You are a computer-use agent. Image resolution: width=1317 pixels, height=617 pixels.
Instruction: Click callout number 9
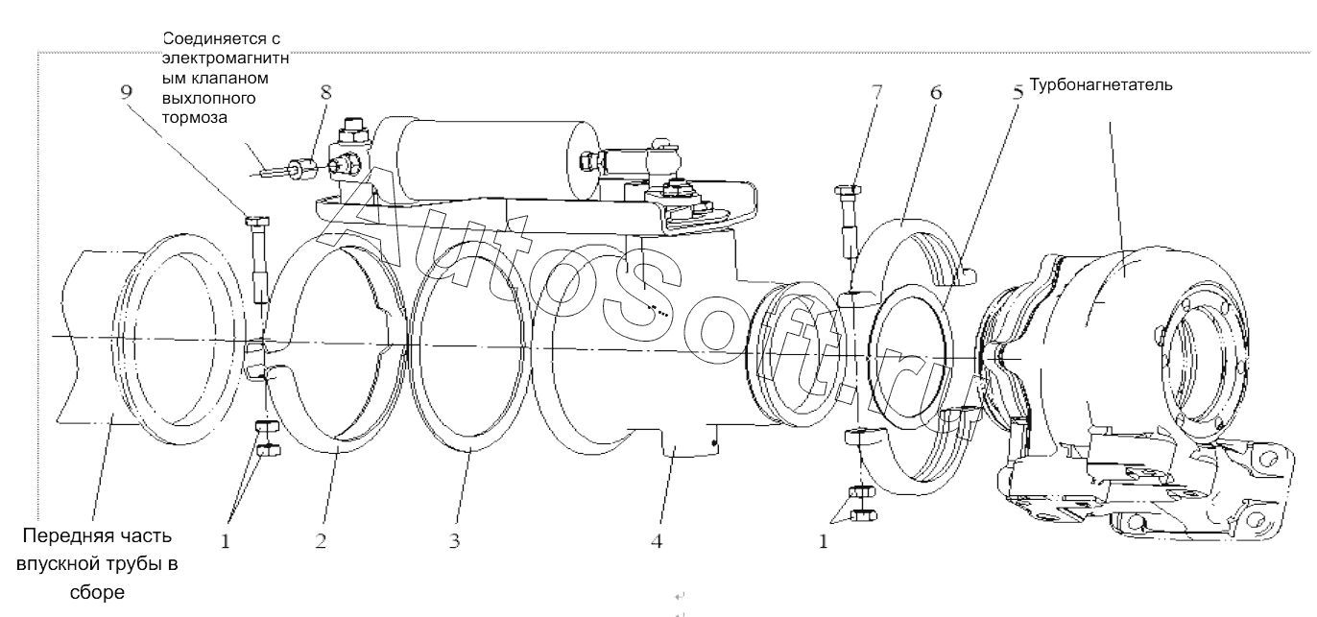(x=127, y=92)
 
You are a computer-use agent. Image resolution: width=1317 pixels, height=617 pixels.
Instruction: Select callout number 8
(x=325, y=92)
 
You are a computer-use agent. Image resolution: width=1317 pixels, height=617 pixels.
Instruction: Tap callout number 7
(x=876, y=92)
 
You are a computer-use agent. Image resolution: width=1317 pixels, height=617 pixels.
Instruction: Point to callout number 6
(x=936, y=92)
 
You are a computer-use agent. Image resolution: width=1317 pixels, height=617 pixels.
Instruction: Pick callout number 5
(x=1018, y=92)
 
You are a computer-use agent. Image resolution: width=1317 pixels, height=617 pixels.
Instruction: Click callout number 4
(x=657, y=540)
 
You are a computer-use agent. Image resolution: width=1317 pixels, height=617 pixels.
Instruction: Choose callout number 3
(x=454, y=540)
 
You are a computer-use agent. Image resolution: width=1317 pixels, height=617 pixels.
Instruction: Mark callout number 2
(x=321, y=540)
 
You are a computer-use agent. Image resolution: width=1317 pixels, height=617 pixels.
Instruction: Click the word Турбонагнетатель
(x=1101, y=85)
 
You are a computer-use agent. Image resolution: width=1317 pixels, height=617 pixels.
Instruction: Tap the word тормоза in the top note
(x=194, y=117)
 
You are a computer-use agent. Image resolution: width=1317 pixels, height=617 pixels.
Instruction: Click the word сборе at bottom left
(x=98, y=592)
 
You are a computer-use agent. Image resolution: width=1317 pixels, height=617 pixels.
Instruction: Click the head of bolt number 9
(x=257, y=222)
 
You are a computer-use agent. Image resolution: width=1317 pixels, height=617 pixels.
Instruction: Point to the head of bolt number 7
(x=848, y=190)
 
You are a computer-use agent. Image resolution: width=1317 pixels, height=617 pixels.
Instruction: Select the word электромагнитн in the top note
(x=226, y=59)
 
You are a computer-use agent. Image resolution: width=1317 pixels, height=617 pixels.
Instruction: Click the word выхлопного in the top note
(x=208, y=98)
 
